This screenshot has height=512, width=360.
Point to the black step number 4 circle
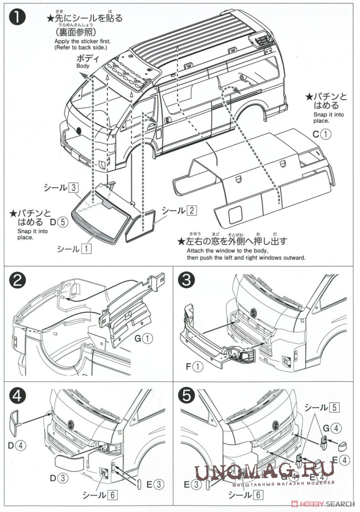point(19,397)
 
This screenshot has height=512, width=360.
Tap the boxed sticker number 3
point(74,187)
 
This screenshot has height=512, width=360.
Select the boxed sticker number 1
point(86,248)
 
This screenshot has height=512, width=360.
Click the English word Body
point(82,66)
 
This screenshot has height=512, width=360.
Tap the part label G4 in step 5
point(330,428)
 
